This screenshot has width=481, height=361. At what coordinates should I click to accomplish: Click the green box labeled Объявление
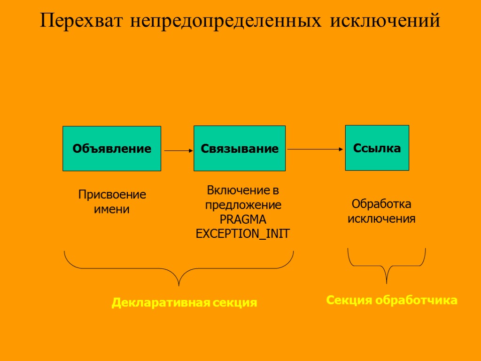(112, 149)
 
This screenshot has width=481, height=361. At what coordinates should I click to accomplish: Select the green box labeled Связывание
(240, 149)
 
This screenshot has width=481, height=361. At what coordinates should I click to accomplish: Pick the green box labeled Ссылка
(377, 148)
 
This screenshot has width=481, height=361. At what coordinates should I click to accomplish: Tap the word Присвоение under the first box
(112, 195)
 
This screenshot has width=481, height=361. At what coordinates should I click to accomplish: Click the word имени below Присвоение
(112, 209)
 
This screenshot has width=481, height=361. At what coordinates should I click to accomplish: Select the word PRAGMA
(243, 220)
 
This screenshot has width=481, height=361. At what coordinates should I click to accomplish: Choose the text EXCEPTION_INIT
(243, 234)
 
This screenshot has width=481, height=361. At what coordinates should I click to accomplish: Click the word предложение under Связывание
(243, 205)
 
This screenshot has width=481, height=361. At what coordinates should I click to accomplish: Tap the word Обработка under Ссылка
(381, 204)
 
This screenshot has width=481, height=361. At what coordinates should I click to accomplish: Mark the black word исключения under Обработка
(381, 219)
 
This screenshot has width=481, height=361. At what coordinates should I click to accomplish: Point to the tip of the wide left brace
(179, 284)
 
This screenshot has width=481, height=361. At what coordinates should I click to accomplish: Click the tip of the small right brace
(386, 282)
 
